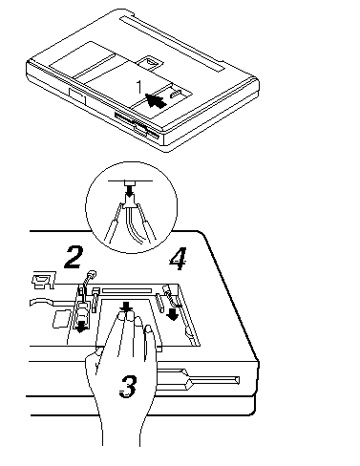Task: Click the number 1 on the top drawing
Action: click(x=138, y=87)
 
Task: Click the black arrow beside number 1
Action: click(x=157, y=101)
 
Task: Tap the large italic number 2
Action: click(x=74, y=257)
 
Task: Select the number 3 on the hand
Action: click(x=128, y=386)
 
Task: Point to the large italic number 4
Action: click(x=178, y=259)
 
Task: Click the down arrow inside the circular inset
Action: click(x=130, y=192)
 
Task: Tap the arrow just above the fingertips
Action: click(x=127, y=307)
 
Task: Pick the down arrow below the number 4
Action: click(x=173, y=314)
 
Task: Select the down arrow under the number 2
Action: click(x=81, y=327)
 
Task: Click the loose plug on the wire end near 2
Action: click(x=92, y=274)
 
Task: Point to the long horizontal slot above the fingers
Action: click(x=126, y=290)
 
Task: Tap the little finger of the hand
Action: click(x=150, y=337)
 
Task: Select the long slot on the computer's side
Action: click(x=198, y=380)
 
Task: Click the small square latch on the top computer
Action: click(x=151, y=62)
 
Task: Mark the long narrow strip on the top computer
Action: click(x=173, y=43)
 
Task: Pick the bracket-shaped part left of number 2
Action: click(x=43, y=280)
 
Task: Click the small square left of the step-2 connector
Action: click(x=62, y=318)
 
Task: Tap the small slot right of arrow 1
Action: click(x=176, y=95)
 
